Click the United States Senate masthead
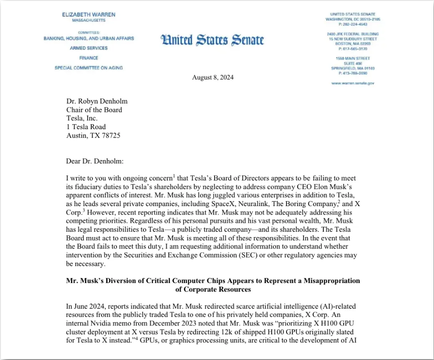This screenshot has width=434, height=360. (x=212, y=40)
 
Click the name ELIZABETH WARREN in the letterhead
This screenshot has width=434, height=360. (x=89, y=14)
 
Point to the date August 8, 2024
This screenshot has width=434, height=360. (x=213, y=77)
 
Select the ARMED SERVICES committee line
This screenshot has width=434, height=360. (x=89, y=48)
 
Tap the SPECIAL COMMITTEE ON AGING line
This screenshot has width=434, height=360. (x=89, y=68)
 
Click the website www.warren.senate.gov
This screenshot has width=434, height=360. (x=353, y=83)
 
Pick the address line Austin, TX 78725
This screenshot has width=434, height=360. (x=93, y=135)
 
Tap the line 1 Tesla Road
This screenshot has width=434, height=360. (x=86, y=127)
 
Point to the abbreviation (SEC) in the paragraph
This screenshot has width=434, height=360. (x=264, y=255)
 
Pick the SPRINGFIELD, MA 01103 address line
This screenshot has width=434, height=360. (x=353, y=68)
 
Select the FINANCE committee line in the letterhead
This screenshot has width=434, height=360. (x=89, y=58)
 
